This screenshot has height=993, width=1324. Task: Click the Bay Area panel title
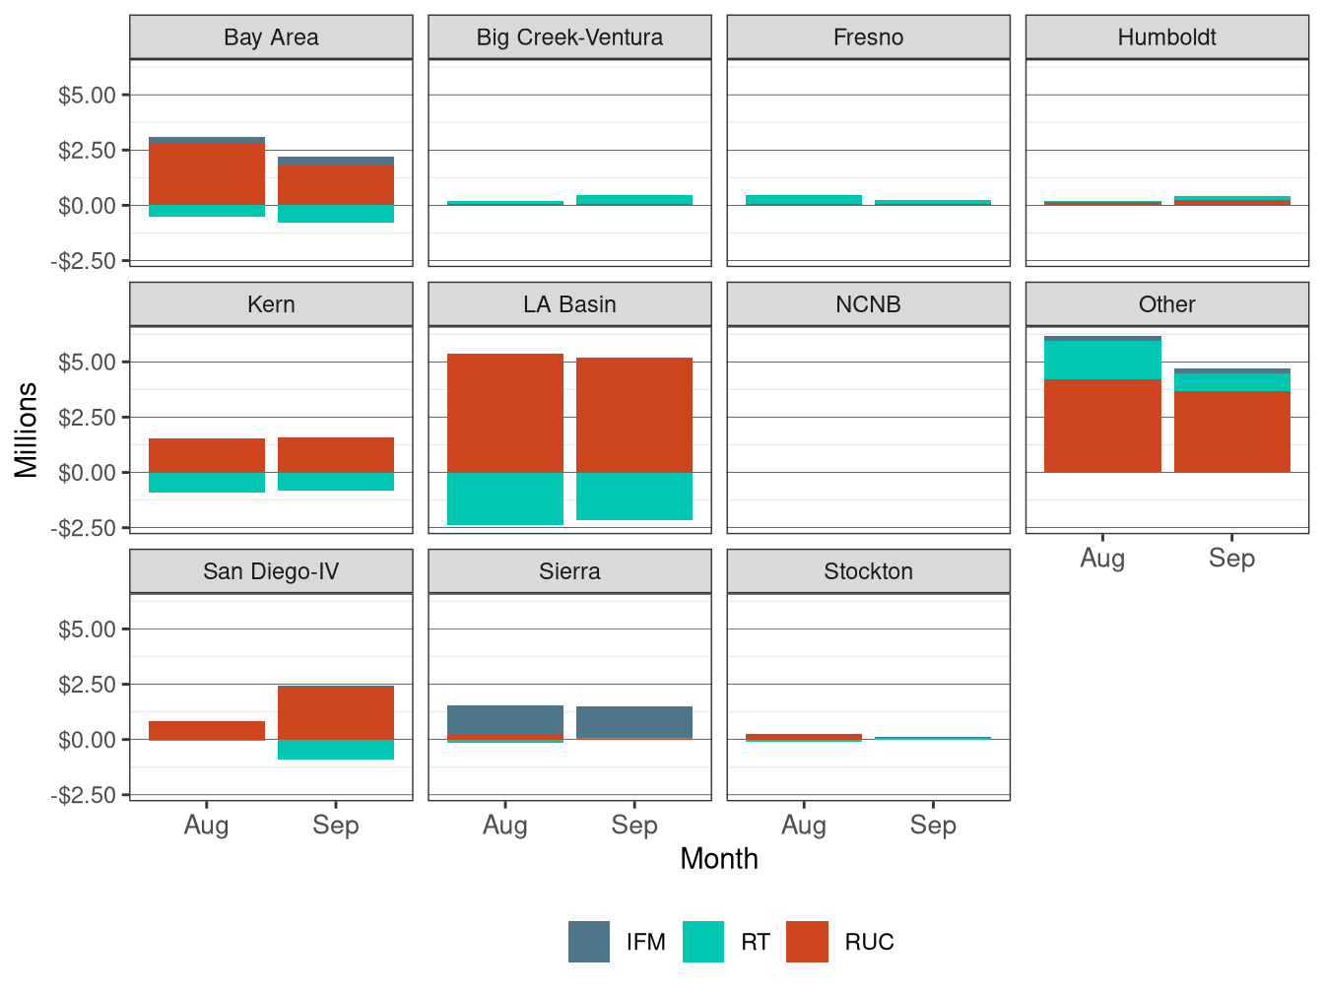pos(271,37)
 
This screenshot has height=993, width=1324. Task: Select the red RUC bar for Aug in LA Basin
pos(505,413)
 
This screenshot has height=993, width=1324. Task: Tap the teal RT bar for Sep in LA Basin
pos(634,496)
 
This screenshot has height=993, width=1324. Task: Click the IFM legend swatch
pos(589,942)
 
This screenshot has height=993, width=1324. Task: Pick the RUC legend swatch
pos(807,942)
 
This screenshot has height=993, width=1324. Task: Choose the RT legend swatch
pos(703,942)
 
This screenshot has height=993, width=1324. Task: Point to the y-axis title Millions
pos(26,430)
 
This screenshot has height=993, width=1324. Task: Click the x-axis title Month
pos(719,859)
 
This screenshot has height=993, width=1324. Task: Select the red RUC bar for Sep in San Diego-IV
pos(336,712)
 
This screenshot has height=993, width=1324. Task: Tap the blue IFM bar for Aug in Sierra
pos(505,719)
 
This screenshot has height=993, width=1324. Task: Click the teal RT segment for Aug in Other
pos(1102,360)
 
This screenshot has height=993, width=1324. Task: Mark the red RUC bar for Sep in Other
pos(1231,431)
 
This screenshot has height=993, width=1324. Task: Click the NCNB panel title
pos(868,304)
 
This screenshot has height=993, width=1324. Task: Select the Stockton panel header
pos(868,571)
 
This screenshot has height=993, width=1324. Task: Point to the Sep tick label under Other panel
pos(1231,559)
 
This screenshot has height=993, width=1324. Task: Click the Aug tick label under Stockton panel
pos(804,826)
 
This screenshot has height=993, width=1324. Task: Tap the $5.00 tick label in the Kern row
pos(87,363)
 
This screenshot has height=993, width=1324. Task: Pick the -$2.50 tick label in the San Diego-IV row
pos(84,795)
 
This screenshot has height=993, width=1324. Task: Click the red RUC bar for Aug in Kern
pos(207,455)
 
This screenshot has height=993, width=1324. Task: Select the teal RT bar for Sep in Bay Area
pos(336,214)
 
